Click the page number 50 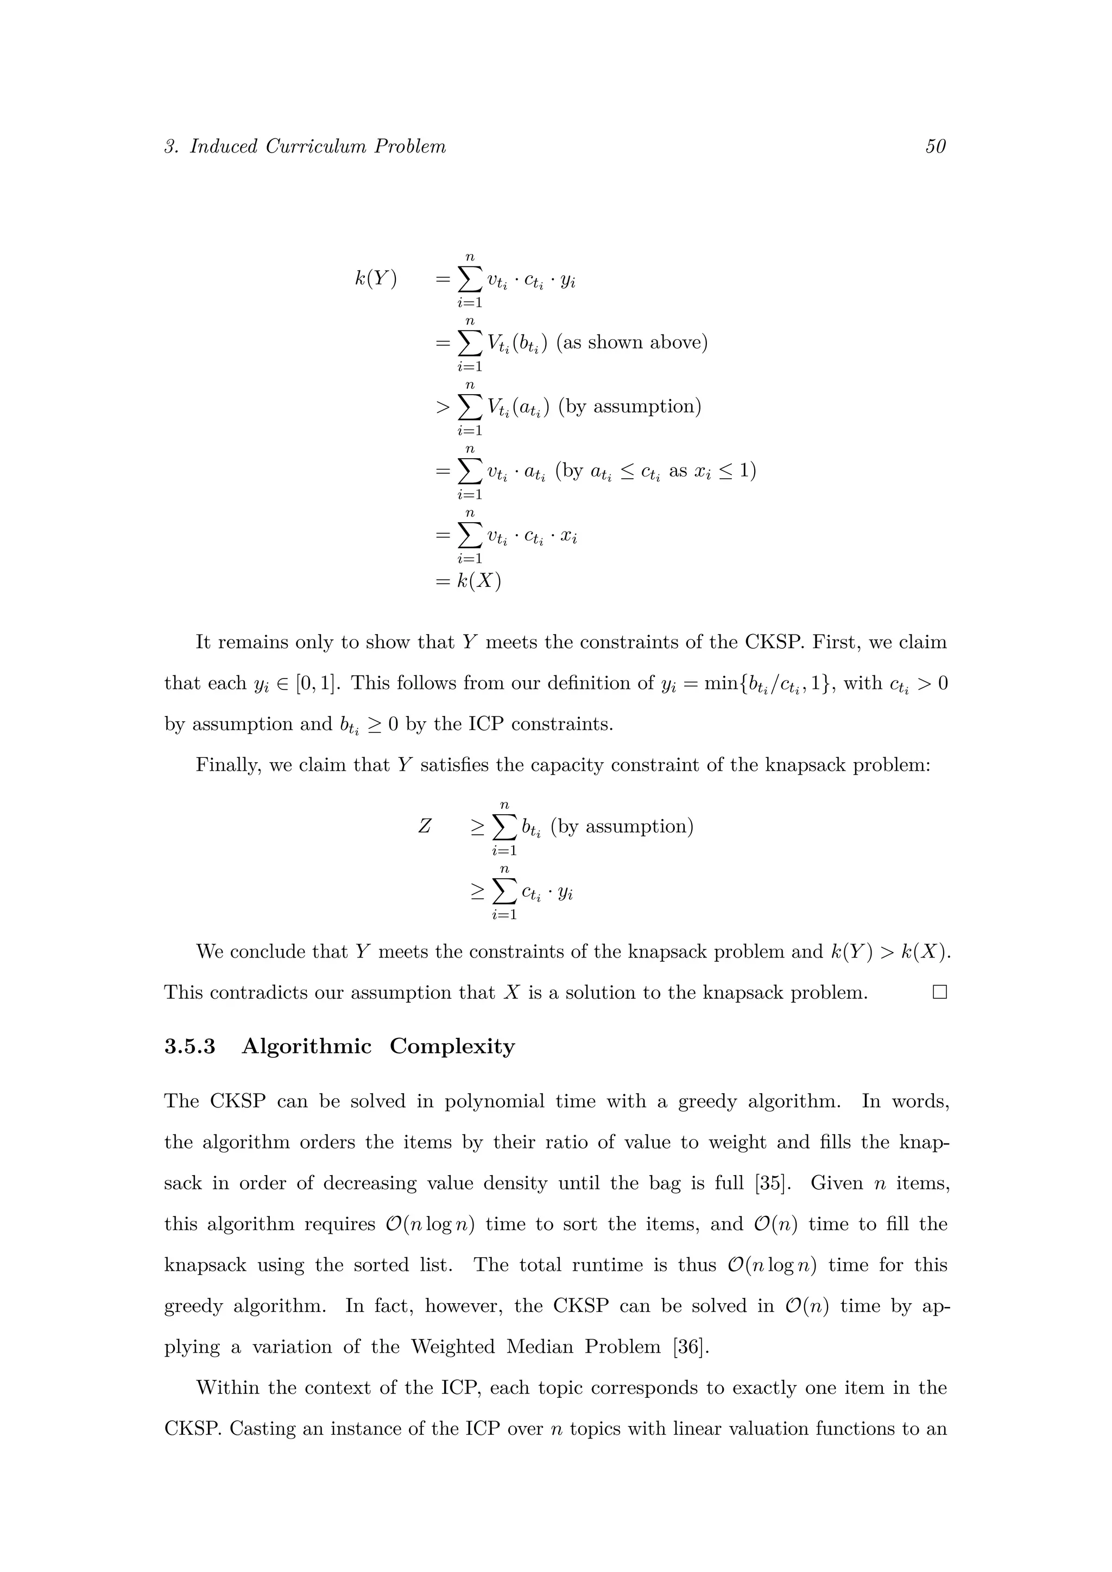936,147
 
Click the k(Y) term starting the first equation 375,280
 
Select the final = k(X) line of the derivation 469,581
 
